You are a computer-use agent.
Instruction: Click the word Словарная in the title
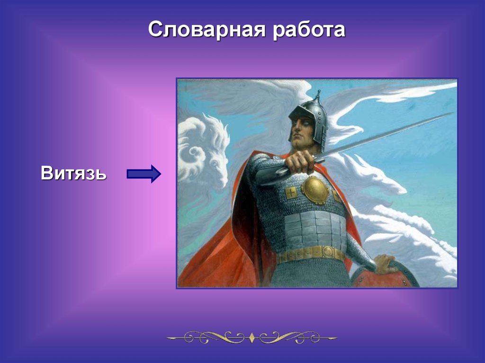[207, 30]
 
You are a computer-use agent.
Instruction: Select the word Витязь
[73, 173]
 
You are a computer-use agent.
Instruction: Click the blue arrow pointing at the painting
[144, 174]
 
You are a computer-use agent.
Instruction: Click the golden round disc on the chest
[315, 190]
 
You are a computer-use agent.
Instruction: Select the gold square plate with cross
[290, 193]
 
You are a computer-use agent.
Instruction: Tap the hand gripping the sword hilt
[299, 161]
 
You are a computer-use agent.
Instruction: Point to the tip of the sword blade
[452, 114]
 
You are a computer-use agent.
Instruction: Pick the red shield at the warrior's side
[385, 275]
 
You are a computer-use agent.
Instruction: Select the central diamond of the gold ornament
[251, 337]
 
